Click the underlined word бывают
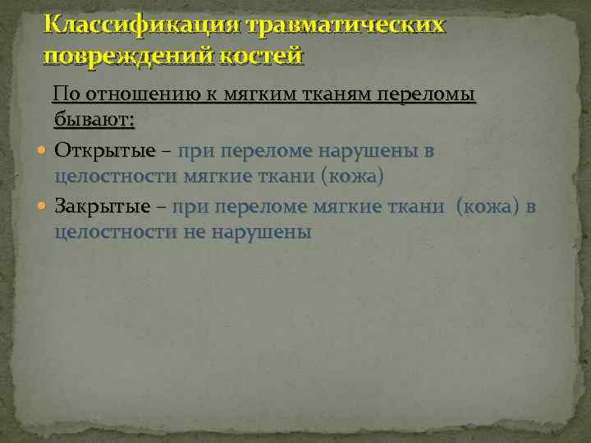(94, 121)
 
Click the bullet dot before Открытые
(43, 152)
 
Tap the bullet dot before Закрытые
(43, 207)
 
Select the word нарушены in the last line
(261, 231)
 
